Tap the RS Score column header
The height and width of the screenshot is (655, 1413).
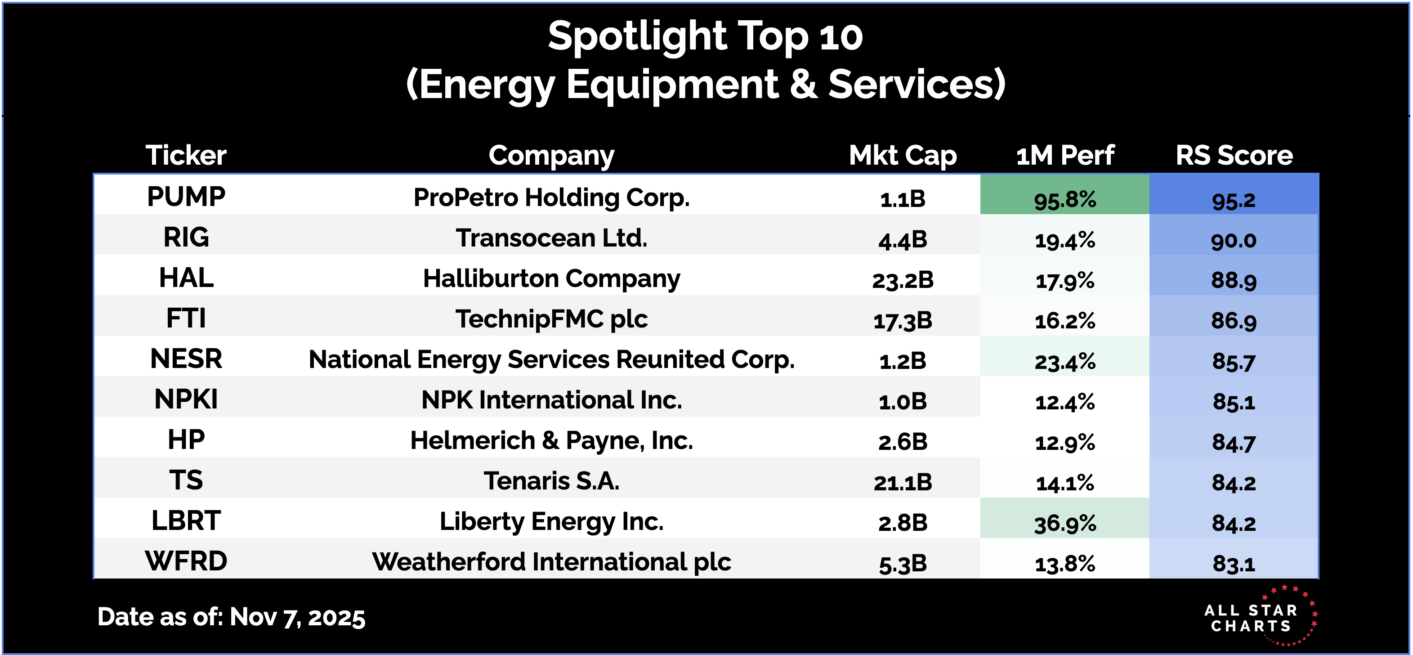[x=1234, y=155]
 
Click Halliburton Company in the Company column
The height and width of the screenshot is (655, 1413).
[x=551, y=278]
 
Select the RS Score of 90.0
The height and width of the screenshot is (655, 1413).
[x=1234, y=240]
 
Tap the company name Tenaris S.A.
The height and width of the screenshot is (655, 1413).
[x=551, y=481]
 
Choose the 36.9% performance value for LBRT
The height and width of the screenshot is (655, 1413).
[x=1064, y=523]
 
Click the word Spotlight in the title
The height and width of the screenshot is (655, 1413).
[x=636, y=36]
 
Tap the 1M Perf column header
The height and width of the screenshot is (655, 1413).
[x=1064, y=155]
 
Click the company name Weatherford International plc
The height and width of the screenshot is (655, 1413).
[x=551, y=562]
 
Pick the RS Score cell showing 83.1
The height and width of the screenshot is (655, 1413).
[x=1234, y=563]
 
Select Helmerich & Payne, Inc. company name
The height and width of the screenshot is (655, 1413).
[x=551, y=440]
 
